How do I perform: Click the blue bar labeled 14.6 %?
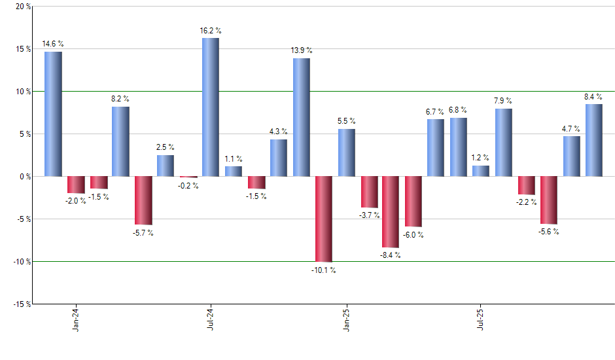click(x=53, y=114)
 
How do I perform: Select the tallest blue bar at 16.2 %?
click(x=211, y=107)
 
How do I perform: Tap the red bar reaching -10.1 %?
click(x=323, y=219)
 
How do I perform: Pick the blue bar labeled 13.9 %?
click(x=301, y=117)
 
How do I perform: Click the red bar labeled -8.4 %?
click(x=391, y=211)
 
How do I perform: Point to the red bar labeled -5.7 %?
click(x=143, y=200)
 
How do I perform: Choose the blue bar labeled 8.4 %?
click(x=593, y=140)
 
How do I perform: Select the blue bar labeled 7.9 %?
click(x=504, y=142)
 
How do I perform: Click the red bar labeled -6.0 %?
click(x=413, y=202)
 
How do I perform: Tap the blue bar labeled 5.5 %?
click(x=346, y=153)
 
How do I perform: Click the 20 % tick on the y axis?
click(x=22, y=7)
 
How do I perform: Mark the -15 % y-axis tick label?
click(x=21, y=304)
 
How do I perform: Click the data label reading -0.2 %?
click(x=188, y=185)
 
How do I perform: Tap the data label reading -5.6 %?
click(x=548, y=232)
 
